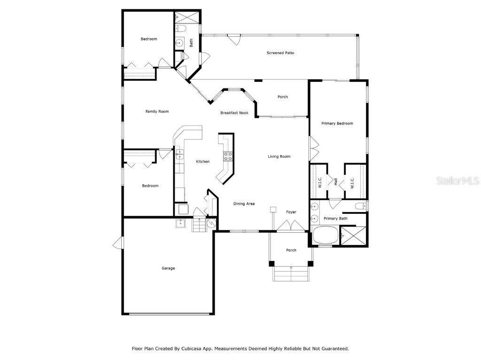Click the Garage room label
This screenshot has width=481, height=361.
[168, 268]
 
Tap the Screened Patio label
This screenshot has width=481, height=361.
[280, 53]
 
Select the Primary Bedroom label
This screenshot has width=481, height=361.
[337, 124]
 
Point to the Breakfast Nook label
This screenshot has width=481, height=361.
[234, 113]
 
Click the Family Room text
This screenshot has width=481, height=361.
[157, 111]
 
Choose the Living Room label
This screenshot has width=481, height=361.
[279, 157]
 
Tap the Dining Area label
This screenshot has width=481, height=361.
[244, 204]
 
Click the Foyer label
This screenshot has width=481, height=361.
[291, 212]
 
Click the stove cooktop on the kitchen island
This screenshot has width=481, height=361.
[228, 157]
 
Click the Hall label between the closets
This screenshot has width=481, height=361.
[336, 181]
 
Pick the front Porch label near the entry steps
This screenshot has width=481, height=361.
[291, 250]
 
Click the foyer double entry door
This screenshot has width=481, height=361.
[291, 226]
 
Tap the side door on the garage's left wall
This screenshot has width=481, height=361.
[117, 243]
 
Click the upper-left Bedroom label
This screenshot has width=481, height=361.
[149, 39]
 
